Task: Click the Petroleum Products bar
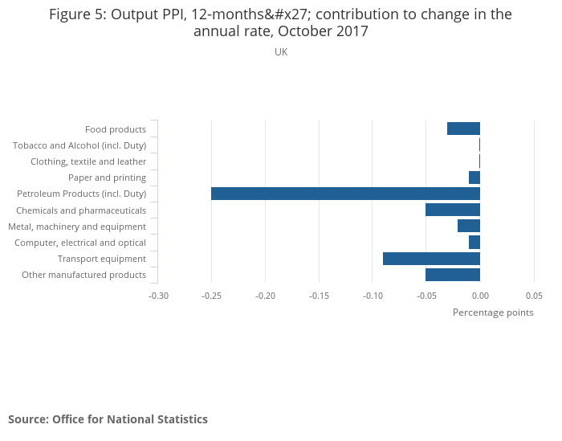pos(345,194)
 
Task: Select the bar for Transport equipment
pos(431,259)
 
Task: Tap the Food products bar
pos(463,129)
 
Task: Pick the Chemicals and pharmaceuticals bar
pos(453,210)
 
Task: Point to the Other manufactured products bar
pos(453,275)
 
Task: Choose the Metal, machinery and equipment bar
pos(469,226)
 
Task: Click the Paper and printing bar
pos(474,178)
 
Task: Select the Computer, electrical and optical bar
pos(474,243)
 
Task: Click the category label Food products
pos(116,129)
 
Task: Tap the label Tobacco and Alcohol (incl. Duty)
pos(79,145)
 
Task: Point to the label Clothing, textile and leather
pos(88,161)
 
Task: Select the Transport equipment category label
pos(102,259)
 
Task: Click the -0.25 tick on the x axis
pos(212,295)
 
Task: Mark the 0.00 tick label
pos(480,295)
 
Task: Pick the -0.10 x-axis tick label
pos(373,295)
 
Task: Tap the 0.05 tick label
pos(534,295)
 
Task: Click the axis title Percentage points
pos(493,312)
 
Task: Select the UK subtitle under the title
pos(281,52)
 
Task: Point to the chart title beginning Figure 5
pos(281,22)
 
